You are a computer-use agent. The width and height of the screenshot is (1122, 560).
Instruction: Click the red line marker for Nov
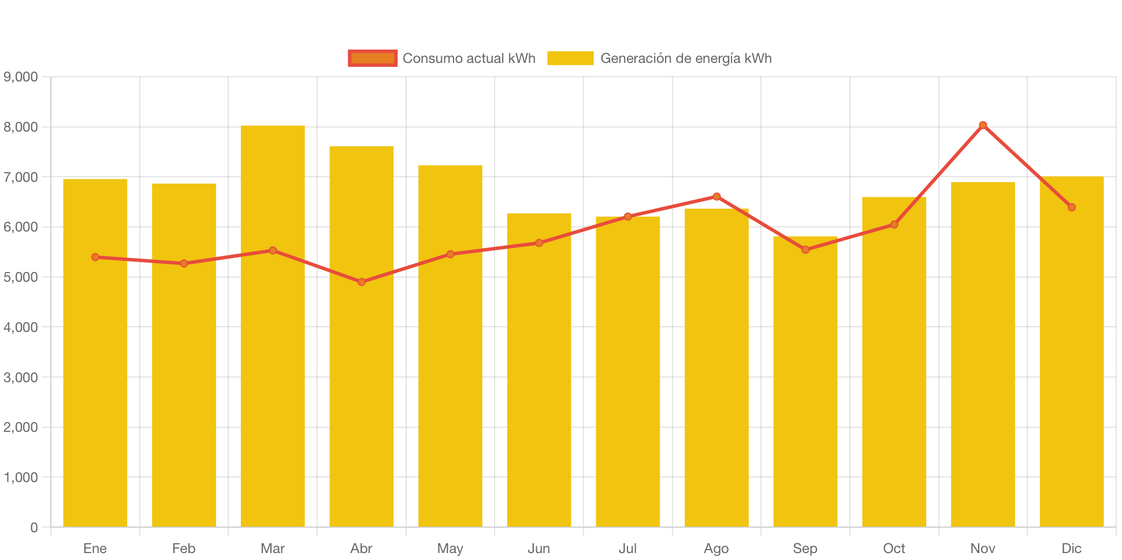983,125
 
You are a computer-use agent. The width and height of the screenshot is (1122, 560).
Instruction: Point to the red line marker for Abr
362,282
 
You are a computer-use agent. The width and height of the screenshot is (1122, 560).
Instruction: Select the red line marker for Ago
716,196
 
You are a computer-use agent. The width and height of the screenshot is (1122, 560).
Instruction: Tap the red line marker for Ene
95,257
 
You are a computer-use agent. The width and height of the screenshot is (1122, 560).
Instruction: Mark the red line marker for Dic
1072,207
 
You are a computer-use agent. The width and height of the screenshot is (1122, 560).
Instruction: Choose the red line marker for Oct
894,224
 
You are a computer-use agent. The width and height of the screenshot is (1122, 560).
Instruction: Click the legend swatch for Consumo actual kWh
373,58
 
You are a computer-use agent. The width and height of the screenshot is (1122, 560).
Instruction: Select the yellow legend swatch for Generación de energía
570,58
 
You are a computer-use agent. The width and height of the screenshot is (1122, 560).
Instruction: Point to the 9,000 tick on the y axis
21,77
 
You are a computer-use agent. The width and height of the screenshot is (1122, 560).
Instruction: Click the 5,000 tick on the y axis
21,277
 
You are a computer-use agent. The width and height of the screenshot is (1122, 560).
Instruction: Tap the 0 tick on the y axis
34,527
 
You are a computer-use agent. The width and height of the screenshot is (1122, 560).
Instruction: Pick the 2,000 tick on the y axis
21,427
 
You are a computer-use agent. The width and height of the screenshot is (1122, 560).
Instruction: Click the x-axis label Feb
184,548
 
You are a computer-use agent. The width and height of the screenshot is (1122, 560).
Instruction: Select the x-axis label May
450,548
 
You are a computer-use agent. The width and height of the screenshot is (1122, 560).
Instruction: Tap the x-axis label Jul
627,548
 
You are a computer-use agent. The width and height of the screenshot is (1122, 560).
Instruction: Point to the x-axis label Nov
983,548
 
